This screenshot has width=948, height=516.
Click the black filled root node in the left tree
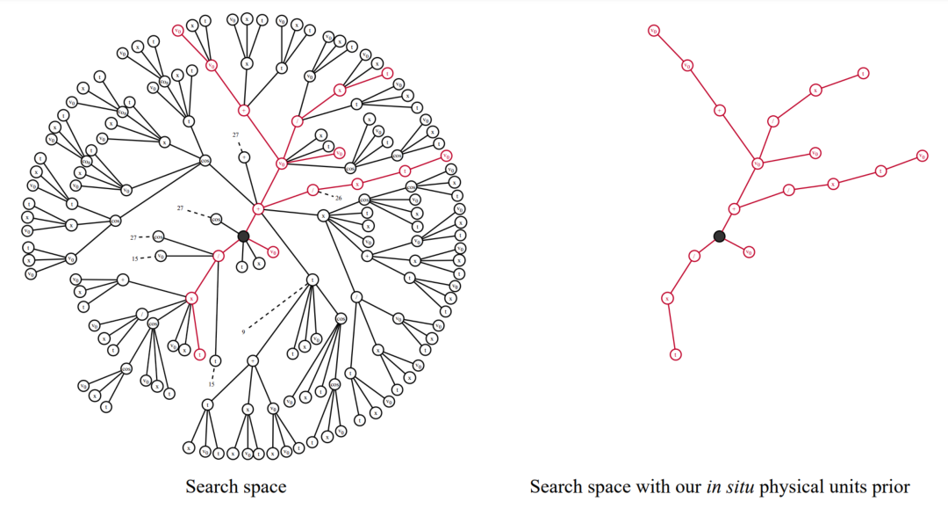[243, 236]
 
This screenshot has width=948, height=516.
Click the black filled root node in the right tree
[719, 236]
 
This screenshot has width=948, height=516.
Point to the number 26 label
[338, 198]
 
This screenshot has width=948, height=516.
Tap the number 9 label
[243, 331]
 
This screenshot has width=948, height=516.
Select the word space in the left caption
[264, 487]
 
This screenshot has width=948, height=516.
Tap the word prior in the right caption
[891, 487]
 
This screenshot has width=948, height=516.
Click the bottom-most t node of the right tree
[676, 355]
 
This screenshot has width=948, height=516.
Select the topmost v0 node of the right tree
[654, 31]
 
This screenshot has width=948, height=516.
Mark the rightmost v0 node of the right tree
[922, 156]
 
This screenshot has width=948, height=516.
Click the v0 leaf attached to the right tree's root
[749, 252]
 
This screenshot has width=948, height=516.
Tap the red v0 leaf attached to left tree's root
[273, 252]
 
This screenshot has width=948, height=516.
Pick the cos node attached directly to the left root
[217, 219]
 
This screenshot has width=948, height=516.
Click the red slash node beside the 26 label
[313, 190]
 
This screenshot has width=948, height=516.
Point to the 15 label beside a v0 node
[136, 258]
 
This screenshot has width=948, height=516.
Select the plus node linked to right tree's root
[735, 208]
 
